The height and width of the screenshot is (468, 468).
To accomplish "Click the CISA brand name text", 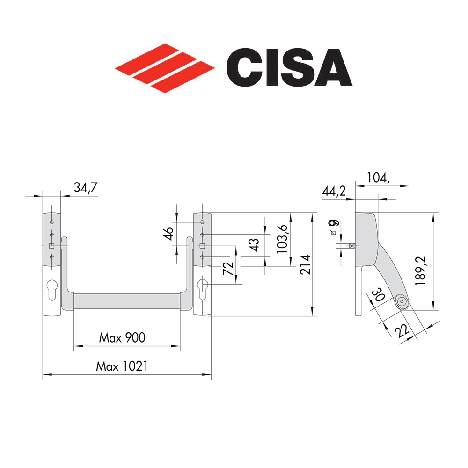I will point(288,68).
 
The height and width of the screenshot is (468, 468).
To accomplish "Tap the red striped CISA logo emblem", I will point(165,68).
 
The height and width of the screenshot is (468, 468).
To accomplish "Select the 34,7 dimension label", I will point(86,189).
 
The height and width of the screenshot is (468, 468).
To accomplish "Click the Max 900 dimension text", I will point(122,337).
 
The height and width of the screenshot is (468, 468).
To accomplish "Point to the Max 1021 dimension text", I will point(122,366).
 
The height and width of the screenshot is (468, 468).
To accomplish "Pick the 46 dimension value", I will point(169,232).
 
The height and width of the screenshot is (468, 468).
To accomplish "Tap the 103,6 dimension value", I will point(283,239).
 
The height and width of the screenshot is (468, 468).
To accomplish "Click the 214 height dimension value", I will point(305,264).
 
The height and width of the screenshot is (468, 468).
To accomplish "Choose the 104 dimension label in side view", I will point(378,177).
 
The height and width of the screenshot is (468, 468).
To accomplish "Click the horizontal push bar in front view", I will point(126,302).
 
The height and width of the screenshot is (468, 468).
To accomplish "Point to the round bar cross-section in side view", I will point(401,302).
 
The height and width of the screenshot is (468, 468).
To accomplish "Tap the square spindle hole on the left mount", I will point(51,246).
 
